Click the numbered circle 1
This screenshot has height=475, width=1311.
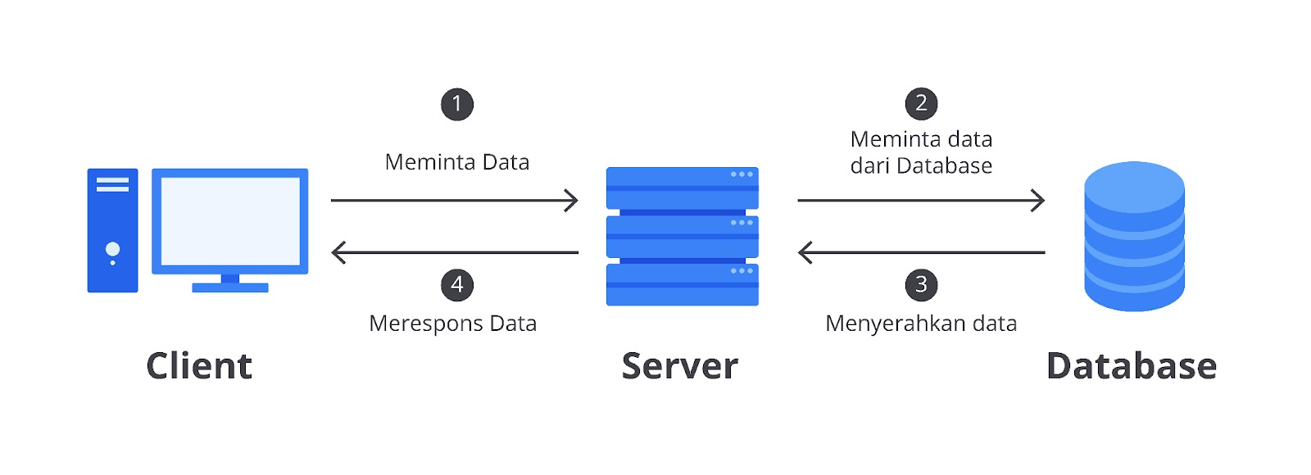(457, 105)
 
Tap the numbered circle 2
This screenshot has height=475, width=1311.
(921, 103)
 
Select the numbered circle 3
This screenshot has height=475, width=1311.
(921, 285)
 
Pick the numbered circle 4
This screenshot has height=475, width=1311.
(457, 285)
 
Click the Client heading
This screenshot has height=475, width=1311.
(199, 366)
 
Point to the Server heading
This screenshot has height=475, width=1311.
(680, 367)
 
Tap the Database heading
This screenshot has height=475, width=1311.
(1132, 366)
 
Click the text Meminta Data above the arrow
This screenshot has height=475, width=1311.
(457, 162)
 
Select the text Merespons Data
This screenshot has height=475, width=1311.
(453, 323)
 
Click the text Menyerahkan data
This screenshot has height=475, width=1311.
(921, 323)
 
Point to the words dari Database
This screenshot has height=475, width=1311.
(921, 166)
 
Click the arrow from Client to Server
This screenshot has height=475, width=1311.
(455, 201)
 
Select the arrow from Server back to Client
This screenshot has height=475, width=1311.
(455, 253)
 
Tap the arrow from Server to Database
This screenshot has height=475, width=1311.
(921, 201)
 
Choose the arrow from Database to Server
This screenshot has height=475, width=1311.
(921, 253)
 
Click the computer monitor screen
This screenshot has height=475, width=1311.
(230, 222)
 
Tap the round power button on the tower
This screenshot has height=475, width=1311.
(112, 249)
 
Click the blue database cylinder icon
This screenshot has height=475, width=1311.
(1134, 237)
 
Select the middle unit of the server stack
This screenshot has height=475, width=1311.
(683, 237)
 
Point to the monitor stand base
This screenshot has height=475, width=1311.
(230, 287)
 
